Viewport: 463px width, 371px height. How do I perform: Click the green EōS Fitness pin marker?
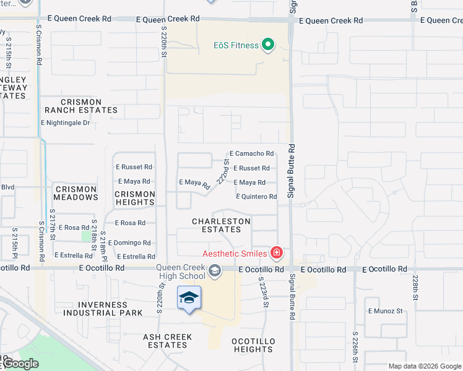[268, 45]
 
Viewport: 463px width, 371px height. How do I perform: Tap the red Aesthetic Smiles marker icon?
[276, 252]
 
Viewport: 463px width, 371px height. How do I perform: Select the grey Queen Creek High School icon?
[215, 270]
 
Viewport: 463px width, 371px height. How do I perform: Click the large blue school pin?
[189, 299]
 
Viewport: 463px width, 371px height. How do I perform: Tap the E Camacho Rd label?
[251, 153]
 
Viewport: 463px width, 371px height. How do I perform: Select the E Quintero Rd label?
[256, 197]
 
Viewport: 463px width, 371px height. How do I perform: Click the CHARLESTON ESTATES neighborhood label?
[221, 225]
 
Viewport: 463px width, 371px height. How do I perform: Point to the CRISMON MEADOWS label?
[76, 193]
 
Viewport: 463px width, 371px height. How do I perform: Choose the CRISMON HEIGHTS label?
[134, 198]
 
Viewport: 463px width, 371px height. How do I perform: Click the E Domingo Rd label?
[129, 243]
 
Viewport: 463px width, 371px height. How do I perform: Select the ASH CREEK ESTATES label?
[167, 341]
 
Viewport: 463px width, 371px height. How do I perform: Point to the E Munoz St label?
[385, 311]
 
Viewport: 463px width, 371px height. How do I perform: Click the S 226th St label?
[358, 350]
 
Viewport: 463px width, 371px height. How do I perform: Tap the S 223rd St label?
[264, 291]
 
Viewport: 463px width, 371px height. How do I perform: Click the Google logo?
[20, 364]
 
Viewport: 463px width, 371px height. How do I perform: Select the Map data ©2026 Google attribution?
[424, 366]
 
